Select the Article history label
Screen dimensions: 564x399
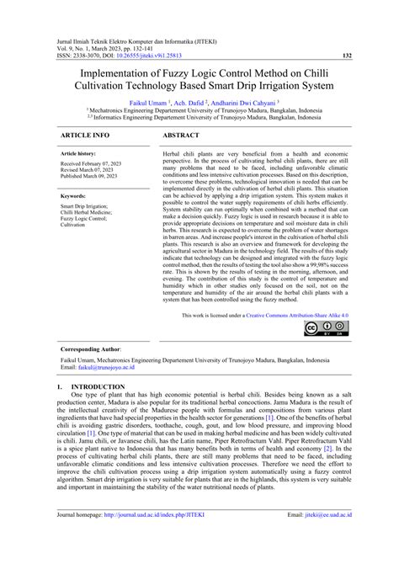point(79,154)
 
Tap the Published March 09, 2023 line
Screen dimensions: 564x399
point(93,176)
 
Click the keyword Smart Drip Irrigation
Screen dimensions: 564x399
point(84,205)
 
